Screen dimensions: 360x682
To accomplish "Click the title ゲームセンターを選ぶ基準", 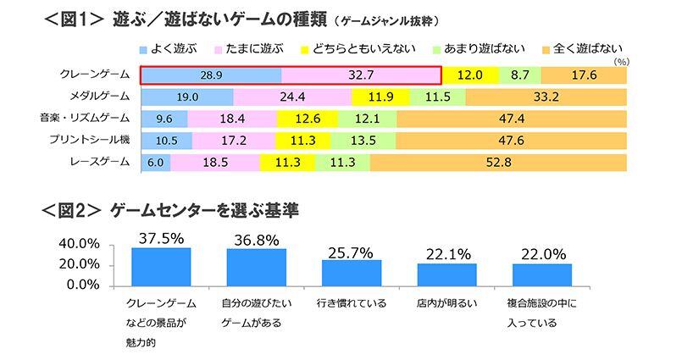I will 204,208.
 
